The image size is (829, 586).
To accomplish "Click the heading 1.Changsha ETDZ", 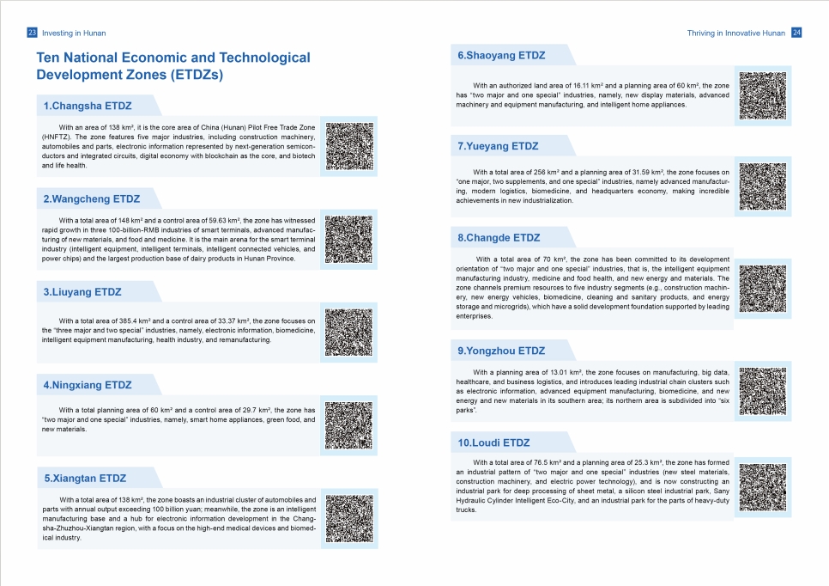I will click(x=88, y=107).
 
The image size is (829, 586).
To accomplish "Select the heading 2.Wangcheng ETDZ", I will click(x=91, y=199).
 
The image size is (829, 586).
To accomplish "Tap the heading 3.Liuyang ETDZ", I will click(x=82, y=292).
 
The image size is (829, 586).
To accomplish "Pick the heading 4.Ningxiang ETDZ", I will click(x=88, y=385).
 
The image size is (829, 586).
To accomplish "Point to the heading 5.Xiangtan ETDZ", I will click(x=85, y=478).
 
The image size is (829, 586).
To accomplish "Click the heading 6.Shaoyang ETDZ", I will click(x=501, y=56).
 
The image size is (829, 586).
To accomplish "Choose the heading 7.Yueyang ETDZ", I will click(x=498, y=146).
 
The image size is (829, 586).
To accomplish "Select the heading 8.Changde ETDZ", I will click(x=499, y=237).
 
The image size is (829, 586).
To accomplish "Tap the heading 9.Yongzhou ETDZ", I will click(x=501, y=351).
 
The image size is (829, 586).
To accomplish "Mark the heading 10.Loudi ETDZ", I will click(x=493, y=443).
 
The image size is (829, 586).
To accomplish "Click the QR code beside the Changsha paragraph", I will click(x=349, y=146).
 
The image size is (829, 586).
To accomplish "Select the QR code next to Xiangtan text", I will click(x=349, y=517).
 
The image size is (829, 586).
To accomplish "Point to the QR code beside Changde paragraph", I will click(x=762, y=289).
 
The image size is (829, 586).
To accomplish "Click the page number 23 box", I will click(x=32, y=33).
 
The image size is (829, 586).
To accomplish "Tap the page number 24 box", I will click(x=796, y=33).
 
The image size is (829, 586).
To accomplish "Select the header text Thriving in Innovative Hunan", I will click(x=735, y=33).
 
